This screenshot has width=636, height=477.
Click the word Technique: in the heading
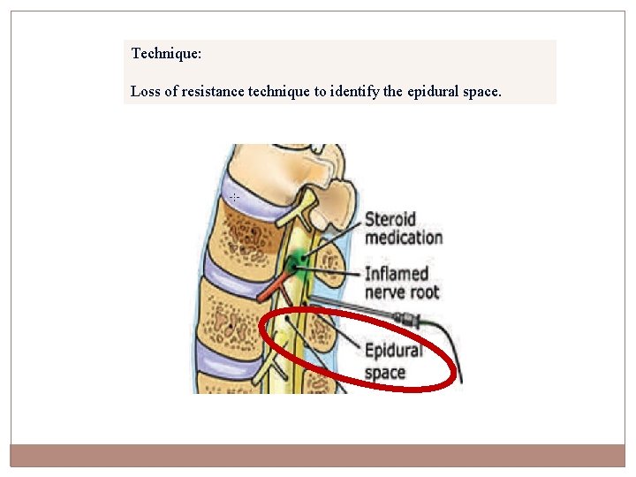click(166, 54)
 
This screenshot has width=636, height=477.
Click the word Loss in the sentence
click(145, 91)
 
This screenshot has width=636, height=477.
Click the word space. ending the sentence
click(482, 91)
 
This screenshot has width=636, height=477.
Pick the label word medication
click(404, 237)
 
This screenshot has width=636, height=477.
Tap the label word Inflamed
click(397, 274)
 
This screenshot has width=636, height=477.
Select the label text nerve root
click(402, 292)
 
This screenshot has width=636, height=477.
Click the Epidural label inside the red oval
click(394, 352)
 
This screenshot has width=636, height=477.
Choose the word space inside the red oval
click(385, 371)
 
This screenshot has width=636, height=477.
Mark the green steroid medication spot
click(298, 262)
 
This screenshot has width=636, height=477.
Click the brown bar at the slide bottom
click(317, 455)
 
